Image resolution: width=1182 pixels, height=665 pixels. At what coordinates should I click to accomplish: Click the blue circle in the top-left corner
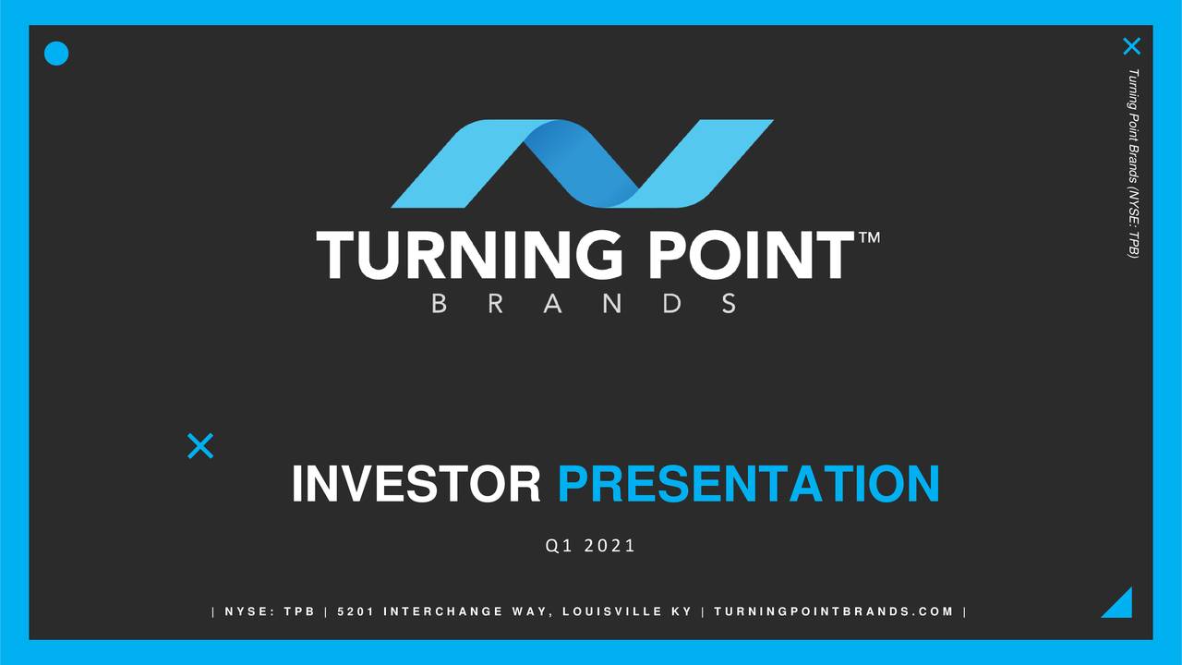56,54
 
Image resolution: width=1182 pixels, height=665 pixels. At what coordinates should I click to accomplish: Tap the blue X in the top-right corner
1131,46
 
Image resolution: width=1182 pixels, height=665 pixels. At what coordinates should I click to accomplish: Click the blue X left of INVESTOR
200,446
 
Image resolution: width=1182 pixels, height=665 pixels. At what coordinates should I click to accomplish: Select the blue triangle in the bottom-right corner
1120,605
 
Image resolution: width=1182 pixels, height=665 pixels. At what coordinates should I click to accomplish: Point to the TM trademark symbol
869,238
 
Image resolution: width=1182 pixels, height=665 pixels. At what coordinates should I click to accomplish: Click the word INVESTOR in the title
416,484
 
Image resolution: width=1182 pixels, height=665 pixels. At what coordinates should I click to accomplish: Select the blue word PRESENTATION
748,484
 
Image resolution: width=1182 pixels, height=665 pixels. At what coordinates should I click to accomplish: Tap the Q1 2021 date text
591,546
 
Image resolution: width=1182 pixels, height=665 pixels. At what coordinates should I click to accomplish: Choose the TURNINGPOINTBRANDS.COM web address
833,611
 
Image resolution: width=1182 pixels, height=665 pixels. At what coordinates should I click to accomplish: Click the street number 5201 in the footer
355,611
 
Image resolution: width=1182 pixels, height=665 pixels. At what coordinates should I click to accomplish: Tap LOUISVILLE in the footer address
610,611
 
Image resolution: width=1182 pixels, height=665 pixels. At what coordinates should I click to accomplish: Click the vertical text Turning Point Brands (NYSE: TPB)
1133,163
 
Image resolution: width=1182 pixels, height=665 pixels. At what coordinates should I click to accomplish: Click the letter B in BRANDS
440,303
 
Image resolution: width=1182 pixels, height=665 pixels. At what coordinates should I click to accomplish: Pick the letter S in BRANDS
730,303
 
